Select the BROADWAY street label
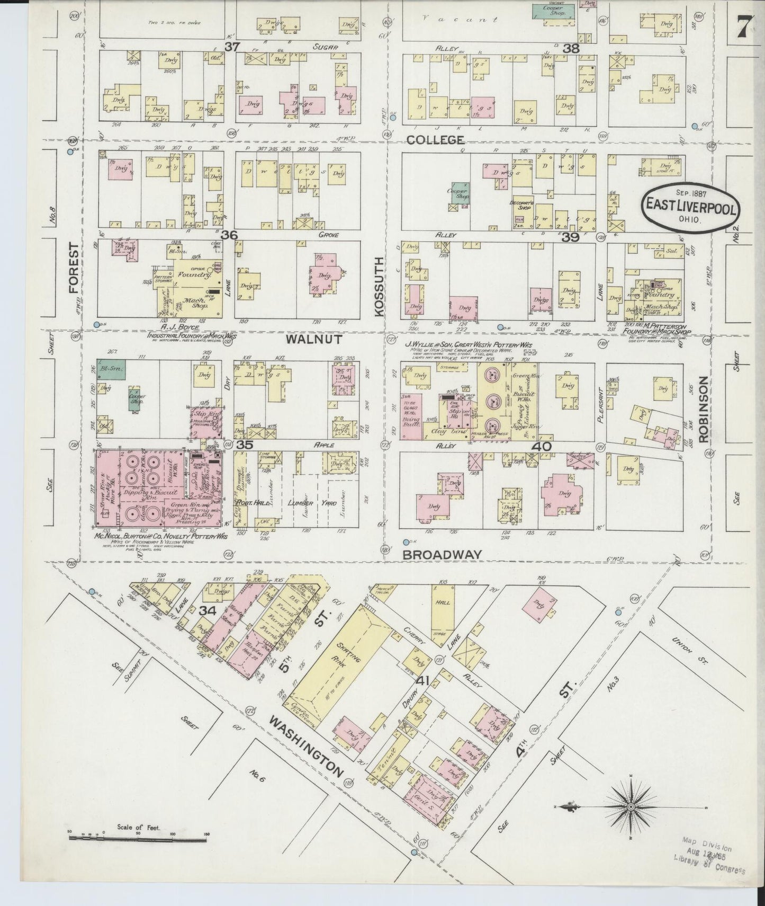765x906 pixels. click(x=443, y=554)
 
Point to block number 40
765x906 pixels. click(x=542, y=446)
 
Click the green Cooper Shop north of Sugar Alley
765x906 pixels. click(x=554, y=10)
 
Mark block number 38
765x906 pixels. click(x=571, y=48)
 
